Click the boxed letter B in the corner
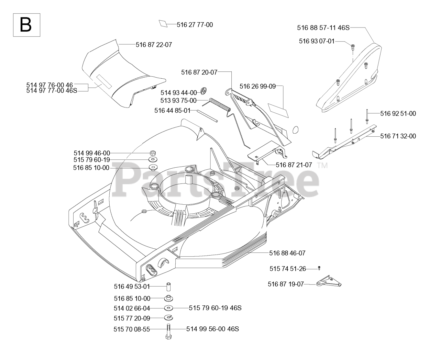(26, 25)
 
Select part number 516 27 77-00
(195, 25)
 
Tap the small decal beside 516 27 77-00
(163, 24)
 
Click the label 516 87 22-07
(154, 45)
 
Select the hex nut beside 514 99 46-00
(153, 153)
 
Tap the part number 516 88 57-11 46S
(323, 28)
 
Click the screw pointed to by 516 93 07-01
(353, 46)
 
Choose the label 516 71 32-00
(398, 136)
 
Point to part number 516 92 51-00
(398, 113)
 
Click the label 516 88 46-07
(287, 253)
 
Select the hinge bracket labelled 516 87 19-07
(328, 282)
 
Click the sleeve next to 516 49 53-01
(169, 286)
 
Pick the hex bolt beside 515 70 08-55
(168, 331)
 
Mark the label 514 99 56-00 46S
(212, 329)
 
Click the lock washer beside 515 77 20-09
(168, 317)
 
